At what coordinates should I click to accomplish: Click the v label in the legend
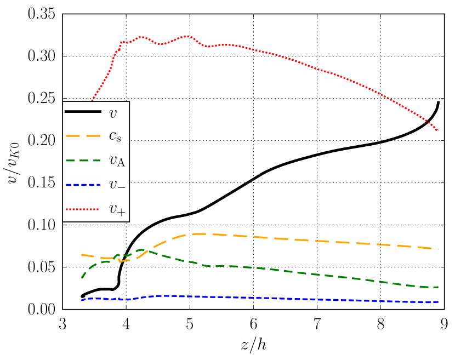coord(113,113)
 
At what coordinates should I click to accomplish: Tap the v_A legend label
coord(117,161)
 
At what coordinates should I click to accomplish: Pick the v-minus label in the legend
coord(117,185)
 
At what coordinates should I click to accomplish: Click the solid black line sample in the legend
coord(83,112)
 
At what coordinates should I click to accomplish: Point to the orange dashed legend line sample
coord(83,136)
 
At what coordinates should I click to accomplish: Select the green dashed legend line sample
coord(83,160)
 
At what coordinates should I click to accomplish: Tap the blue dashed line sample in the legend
coord(83,185)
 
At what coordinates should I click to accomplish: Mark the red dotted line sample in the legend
coord(83,209)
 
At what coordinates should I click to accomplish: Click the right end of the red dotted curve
coord(438,130)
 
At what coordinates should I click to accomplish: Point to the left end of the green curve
coord(82,278)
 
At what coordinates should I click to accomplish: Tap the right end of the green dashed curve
coord(438,287)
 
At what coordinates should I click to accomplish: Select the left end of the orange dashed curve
coord(82,255)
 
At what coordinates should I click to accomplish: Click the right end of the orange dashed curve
coord(438,249)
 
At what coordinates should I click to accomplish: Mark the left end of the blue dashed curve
coord(82,300)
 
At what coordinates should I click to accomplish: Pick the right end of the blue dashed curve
coord(438,302)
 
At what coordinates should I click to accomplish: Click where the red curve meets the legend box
coord(92,101)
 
